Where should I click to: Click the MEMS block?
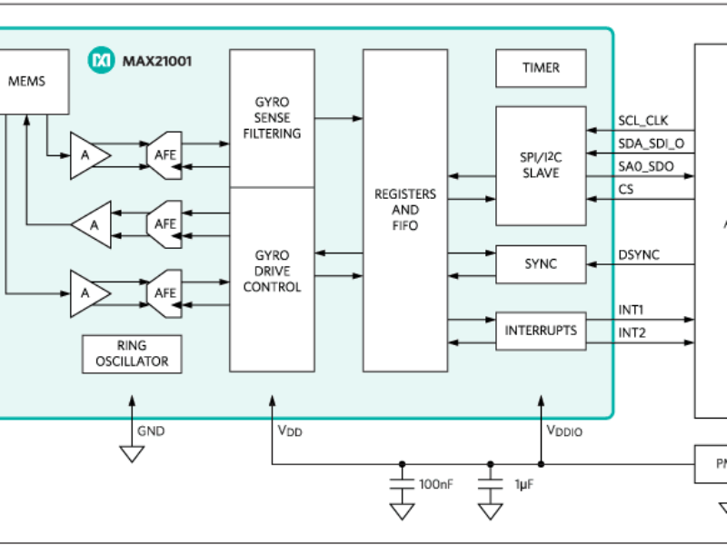27,81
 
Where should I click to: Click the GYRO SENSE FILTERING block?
272,118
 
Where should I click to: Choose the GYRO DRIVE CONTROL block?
272,272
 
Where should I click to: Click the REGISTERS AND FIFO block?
404,210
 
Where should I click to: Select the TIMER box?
541,68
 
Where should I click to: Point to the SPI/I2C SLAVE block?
541,165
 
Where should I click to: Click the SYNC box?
541,263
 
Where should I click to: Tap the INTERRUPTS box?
541,331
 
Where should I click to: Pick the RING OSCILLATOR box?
132,353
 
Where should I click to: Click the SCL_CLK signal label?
643,120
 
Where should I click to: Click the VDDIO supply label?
563,431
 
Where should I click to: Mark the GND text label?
151,431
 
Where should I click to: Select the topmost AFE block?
164,155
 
